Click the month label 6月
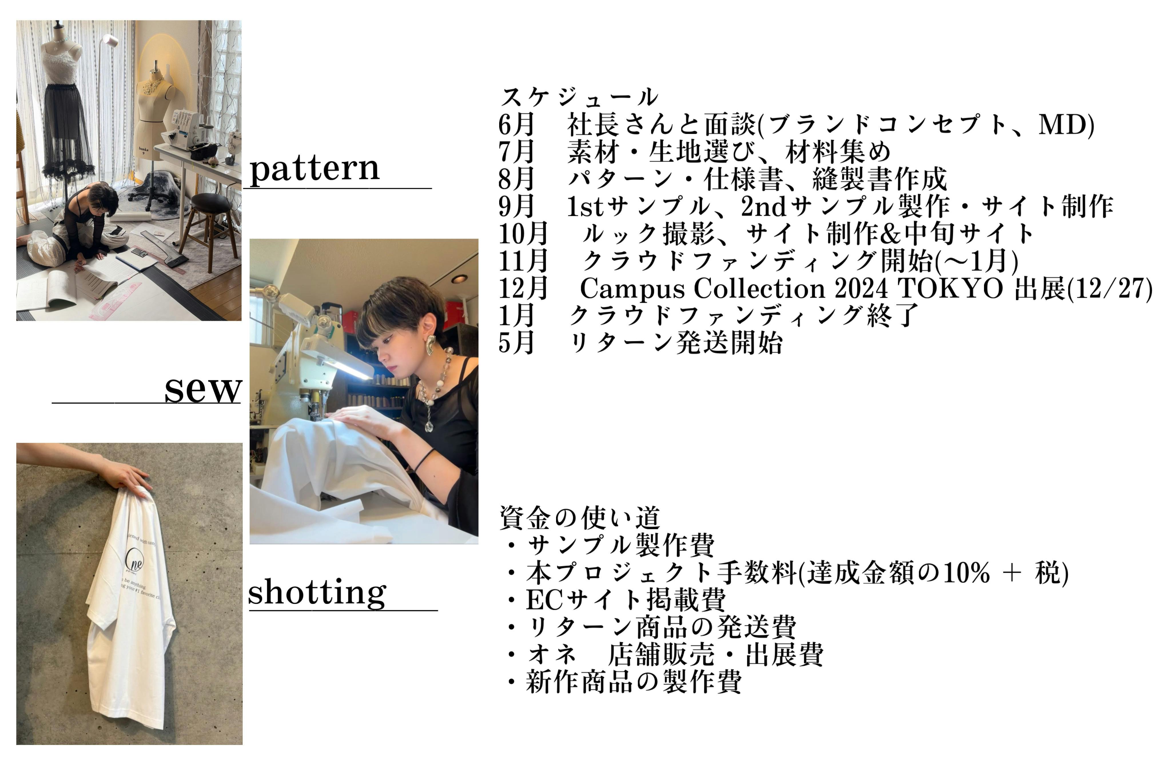[516, 124]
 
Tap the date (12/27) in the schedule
[1110, 288]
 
